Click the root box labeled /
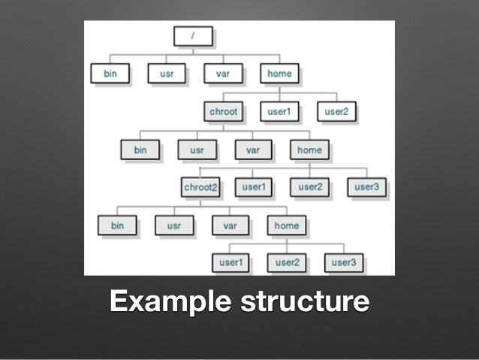(x=193, y=36)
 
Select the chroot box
(x=223, y=112)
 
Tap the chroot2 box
(x=200, y=187)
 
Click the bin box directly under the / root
(x=110, y=74)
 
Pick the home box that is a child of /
(x=279, y=74)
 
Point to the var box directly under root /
(x=222, y=74)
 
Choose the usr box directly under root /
(x=166, y=74)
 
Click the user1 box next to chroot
(x=279, y=112)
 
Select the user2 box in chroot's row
(x=336, y=112)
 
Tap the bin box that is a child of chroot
(x=140, y=150)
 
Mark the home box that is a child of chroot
(x=309, y=150)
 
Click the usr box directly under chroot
(x=197, y=150)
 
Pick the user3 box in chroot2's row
(x=366, y=187)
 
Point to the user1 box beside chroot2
(x=253, y=187)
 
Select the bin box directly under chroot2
(x=117, y=225)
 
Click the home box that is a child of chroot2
(x=286, y=225)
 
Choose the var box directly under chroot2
(x=230, y=225)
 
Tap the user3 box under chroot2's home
(x=343, y=262)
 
